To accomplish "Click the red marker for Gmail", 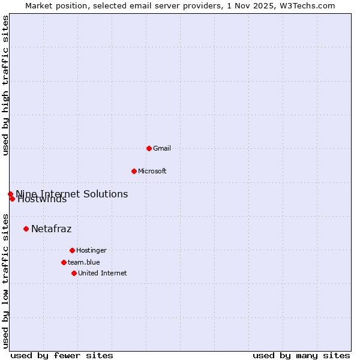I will [x=149, y=148].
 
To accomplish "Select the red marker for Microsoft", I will [x=134, y=171].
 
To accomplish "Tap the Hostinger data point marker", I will [x=72, y=250].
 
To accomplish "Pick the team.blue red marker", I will [x=64, y=262].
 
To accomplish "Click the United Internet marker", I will [x=74, y=273].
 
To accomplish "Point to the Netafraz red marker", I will [x=26, y=229].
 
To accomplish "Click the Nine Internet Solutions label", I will [x=71, y=194].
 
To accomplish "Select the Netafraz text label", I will [x=51, y=229].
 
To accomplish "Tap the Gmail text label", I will [x=162, y=148].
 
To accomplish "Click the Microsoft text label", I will [x=152, y=171].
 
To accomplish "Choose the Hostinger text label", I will [x=91, y=250].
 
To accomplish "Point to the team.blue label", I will [x=83, y=262].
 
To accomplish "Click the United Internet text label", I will [x=102, y=273].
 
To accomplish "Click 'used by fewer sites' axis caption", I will [x=62, y=355].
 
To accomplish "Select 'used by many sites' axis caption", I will [x=301, y=355].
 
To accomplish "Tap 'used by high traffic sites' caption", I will [x=6, y=85].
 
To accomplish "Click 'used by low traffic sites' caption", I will [x=6, y=280].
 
